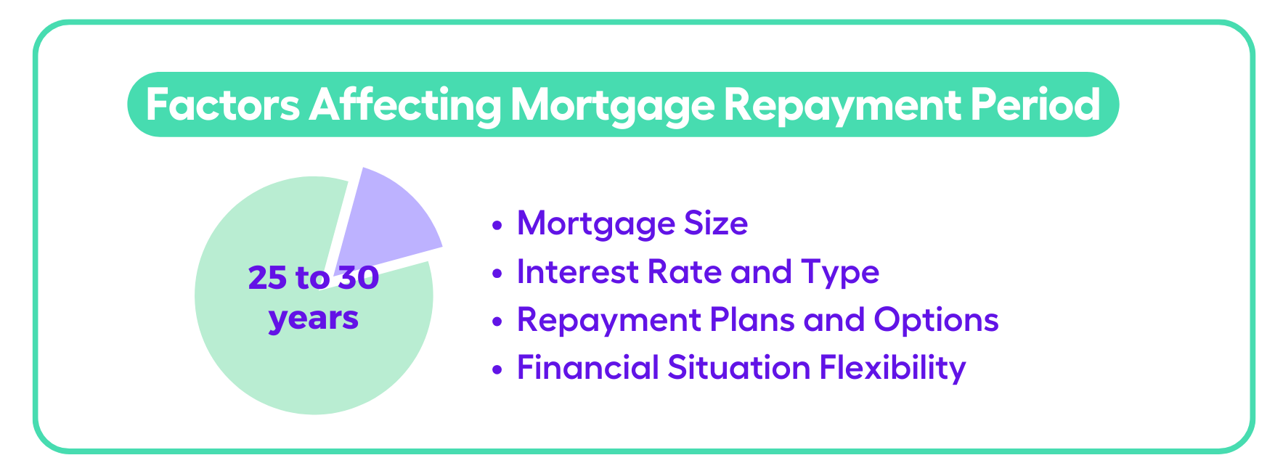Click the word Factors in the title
(x=222, y=105)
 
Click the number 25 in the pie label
(x=268, y=278)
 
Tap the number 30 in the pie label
(x=358, y=278)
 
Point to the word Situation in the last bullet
(x=739, y=367)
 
